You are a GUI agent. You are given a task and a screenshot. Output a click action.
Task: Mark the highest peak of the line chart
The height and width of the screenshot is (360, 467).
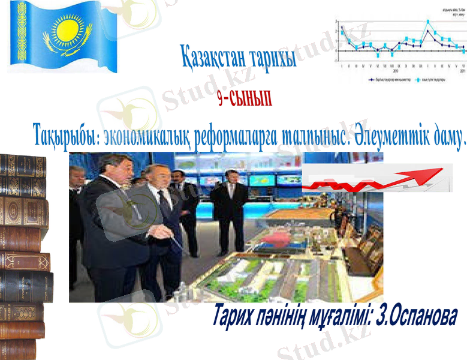pos(427,22)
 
